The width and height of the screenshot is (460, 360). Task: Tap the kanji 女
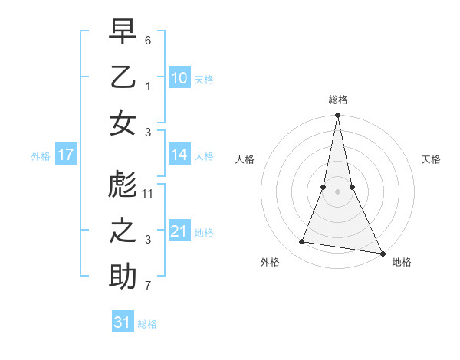[x=123, y=123]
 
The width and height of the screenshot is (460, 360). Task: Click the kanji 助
[x=123, y=277]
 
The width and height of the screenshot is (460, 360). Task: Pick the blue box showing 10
[x=179, y=78]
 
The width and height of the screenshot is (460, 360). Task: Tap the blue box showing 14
[x=179, y=155]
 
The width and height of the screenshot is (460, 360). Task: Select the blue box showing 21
[x=179, y=231]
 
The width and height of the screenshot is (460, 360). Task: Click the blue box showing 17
[x=65, y=155]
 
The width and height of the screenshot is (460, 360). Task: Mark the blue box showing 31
[x=123, y=322]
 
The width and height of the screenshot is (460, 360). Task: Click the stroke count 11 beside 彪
[x=148, y=193]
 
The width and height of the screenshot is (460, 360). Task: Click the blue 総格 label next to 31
[x=147, y=324]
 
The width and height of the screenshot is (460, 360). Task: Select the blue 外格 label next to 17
[x=41, y=156]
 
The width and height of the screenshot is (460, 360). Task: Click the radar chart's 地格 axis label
[x=402, y=262]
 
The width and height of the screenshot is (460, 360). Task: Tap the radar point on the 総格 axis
[x=337, y=116]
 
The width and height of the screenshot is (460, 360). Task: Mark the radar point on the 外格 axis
[x=302, y=242]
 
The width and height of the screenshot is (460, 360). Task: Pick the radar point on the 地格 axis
[x=382, y=252]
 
